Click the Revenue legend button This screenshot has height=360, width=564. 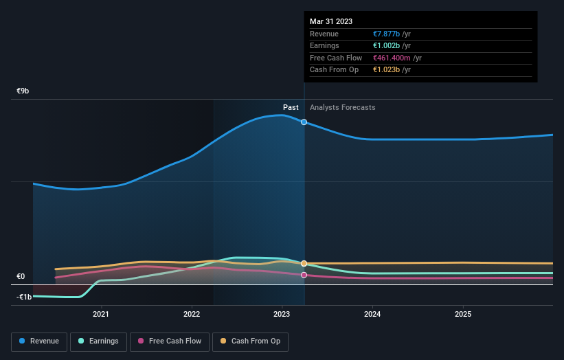coord(38,341)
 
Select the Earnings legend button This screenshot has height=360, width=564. coord(98,341)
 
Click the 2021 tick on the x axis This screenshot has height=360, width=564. coord(101,315)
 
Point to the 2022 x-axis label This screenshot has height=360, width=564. coord(192,315)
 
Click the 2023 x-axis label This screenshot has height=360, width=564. coord(282,315)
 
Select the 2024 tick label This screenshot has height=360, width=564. coord(372,315)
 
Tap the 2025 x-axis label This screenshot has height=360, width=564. coord(463,315)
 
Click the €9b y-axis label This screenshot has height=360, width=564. coord(23,91)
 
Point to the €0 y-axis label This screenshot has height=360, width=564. coord(21,277)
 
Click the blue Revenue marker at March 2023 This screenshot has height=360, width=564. coord(304,122)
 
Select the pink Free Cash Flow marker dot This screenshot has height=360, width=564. coord(304,275)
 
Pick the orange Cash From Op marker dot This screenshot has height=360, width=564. coord(304,263)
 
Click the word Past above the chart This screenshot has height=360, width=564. coord(291,107)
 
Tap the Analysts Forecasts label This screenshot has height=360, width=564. coord(343,107)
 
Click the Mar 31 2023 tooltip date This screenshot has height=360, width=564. coord(331,21)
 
